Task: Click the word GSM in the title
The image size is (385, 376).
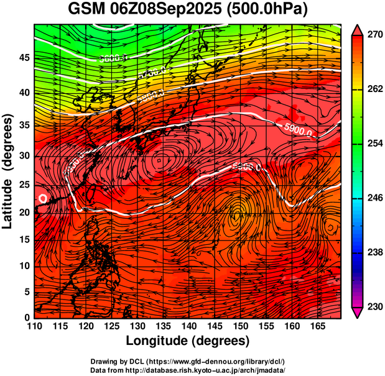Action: tap(88, 9)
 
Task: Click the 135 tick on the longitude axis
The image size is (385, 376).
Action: tap(160, 326)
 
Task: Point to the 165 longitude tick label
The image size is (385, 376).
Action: tap(315, 326)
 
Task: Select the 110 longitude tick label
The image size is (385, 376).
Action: tap(34, 326)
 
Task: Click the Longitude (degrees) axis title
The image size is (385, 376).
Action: tap(187, 341)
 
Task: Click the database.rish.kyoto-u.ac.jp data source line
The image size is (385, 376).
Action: tap(187, 370)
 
